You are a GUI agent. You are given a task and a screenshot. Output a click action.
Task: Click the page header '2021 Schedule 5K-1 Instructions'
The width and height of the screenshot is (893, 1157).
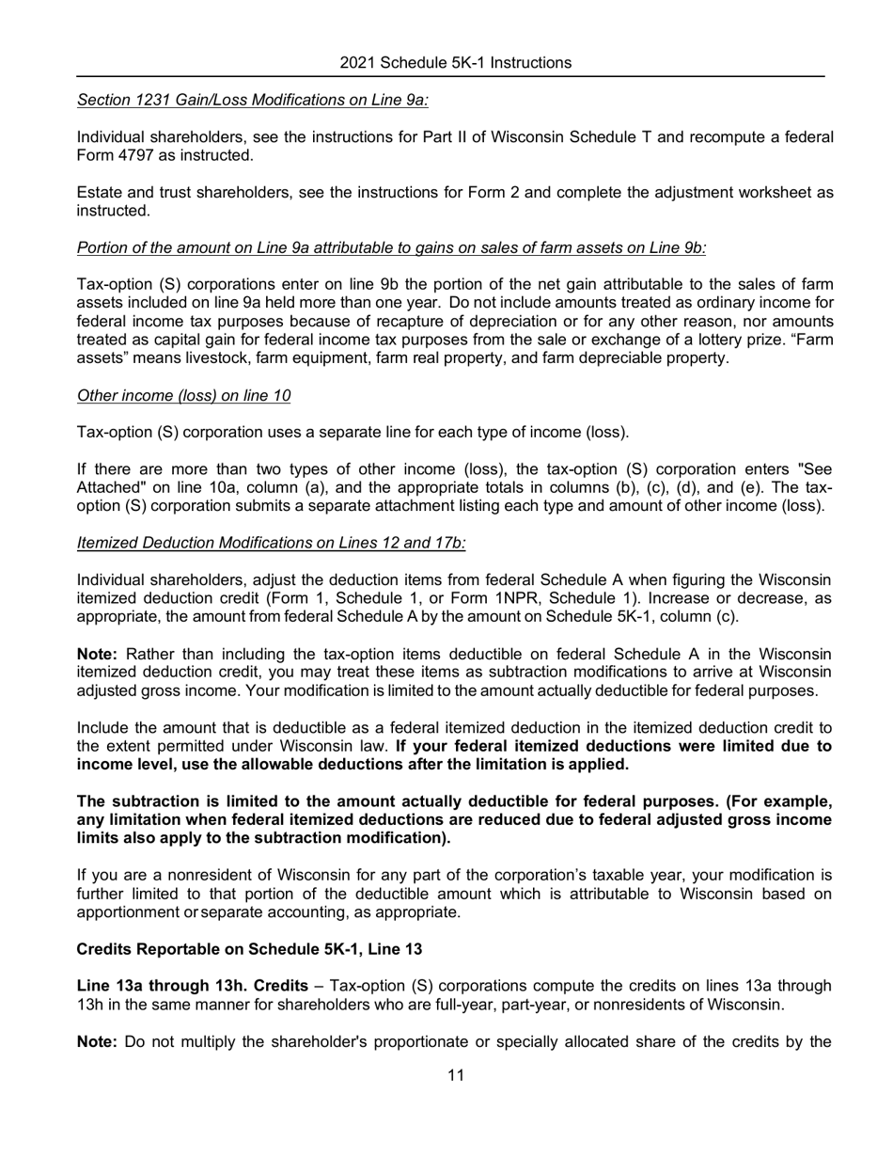click(455, 63)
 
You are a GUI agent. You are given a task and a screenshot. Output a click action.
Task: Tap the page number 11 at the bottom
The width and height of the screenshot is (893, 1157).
click(456, 1076)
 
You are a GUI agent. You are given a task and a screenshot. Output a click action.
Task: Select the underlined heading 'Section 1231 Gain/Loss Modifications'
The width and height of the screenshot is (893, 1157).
click(252, 100)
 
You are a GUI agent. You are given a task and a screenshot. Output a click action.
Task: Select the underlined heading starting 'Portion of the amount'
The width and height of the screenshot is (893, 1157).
click(391, 248)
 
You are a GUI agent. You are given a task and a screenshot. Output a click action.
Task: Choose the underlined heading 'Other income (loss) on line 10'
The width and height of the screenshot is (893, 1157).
click(183, 396)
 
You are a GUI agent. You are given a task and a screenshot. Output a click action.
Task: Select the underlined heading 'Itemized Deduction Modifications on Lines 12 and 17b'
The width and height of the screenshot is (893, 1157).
click(271, 543)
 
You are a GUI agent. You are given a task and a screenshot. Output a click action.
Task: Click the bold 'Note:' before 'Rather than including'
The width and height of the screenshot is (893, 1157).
click(97, 654)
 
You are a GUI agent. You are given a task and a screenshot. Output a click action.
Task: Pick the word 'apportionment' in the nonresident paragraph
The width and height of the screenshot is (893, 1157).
click(127, 911)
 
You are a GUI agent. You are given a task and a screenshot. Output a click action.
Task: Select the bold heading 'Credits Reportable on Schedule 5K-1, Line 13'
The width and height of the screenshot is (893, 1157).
click(249, 949)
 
